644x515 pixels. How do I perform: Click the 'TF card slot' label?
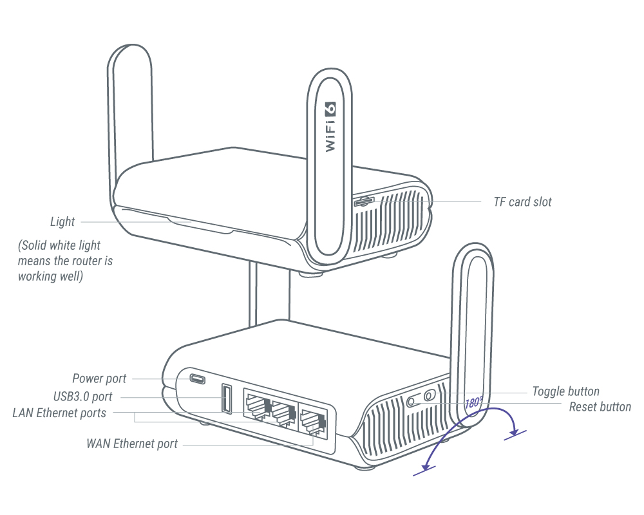(x=522, y=202)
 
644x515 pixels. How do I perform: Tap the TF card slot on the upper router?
(x=364, y=201)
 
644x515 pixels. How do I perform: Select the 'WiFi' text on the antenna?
(x=330, y=136)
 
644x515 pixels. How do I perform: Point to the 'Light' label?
(x=62, y=222)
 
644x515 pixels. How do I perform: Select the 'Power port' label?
(x=99, y=379)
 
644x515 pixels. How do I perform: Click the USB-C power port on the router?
(x=197, y=379)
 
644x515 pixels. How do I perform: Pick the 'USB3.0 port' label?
(x=82, y=397)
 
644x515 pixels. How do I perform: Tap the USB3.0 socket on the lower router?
(x=226, y=398)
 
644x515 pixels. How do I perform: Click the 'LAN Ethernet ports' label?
(x=59, y=413)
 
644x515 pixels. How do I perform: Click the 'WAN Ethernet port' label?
(x=132, y=444)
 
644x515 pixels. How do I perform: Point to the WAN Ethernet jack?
(x=312, y=422)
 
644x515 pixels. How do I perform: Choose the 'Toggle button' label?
(x=565, y=391)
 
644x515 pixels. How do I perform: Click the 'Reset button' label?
(x=600, y=407)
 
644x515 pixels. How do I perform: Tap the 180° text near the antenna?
(x=473, y=403)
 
